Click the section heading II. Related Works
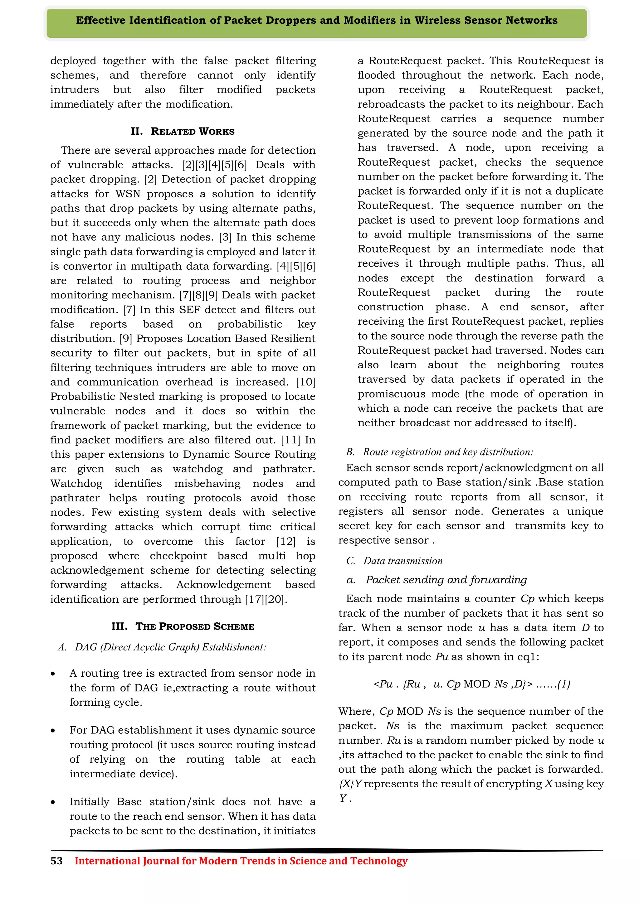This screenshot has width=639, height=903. click(x=183, y=131)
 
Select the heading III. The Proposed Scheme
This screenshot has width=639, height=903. click(x=183, y=626)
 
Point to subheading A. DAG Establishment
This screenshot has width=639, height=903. click(x=162, y=647)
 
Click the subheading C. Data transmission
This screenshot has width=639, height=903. click(x=394, y=561)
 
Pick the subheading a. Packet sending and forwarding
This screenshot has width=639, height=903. click(x=437, y=580)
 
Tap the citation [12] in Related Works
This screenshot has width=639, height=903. click(x=286, y=542)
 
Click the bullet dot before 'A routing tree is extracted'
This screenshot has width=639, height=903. click(x=53, y=674)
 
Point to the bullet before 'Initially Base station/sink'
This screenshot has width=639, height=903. click(x=53, y=803)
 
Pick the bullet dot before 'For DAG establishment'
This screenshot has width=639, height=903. click(x=53, y=731)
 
